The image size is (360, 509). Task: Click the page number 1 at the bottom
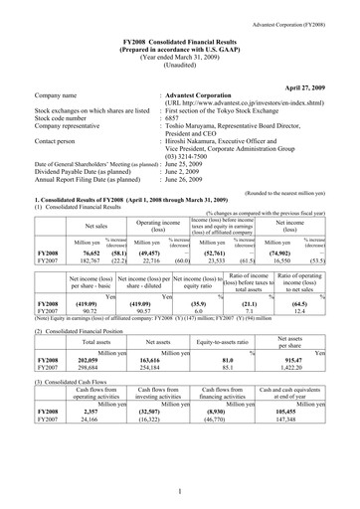[180, 491]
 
